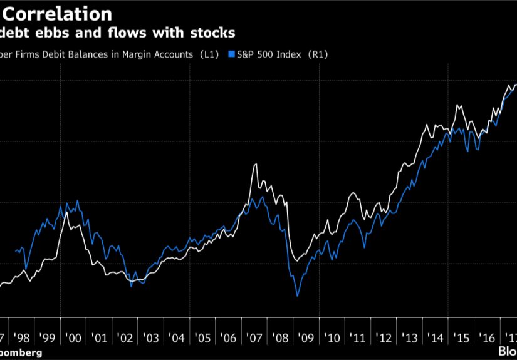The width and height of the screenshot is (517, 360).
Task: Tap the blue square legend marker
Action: (231, 55)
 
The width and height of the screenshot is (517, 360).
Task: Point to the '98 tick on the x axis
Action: (21, 338)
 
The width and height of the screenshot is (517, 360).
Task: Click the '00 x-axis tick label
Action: (73, 338)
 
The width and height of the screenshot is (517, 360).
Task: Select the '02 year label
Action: (125, 338)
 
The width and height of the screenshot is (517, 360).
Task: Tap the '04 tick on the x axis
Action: (177, 338)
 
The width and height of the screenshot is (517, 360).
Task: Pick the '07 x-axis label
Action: (254, 338)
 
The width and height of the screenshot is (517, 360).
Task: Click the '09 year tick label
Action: (306, 338)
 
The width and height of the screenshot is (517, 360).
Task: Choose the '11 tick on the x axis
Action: (358, 338)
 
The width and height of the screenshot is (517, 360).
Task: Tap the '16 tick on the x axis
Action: (486, 338)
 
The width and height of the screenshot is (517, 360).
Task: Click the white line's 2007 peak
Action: (255, 165)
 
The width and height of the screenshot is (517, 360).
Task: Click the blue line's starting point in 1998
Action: (15, 251)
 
